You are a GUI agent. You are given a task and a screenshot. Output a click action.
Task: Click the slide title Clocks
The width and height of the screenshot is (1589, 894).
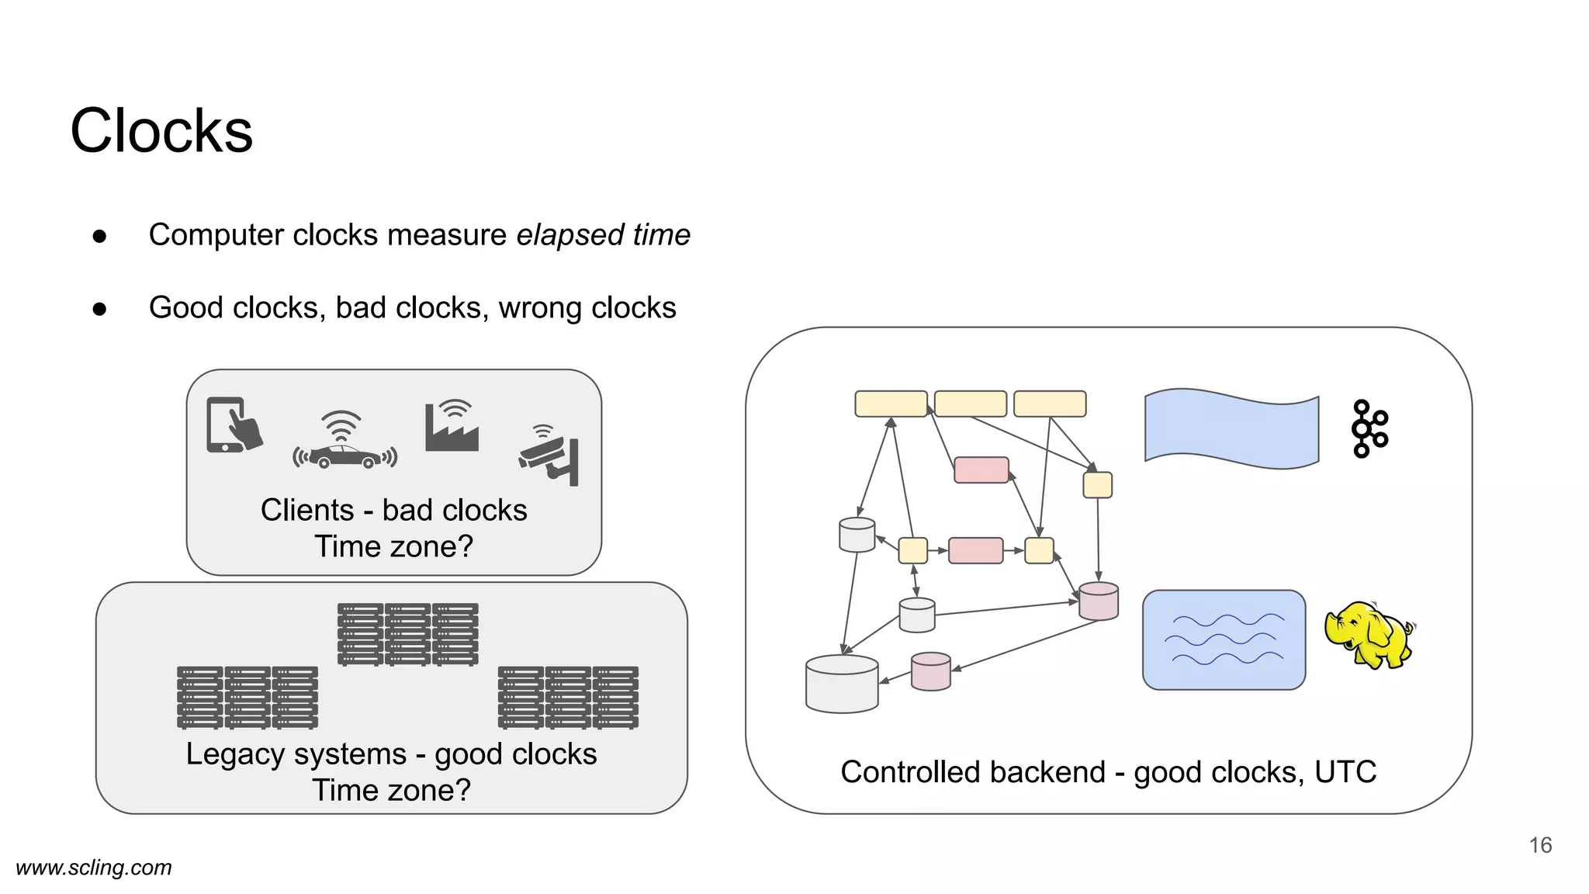point(161,130)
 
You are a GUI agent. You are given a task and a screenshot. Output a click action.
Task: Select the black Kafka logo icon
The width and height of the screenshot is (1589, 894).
point(1369,428)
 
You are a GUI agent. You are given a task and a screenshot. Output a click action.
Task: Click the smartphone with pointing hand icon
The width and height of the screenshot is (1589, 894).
point(234,424)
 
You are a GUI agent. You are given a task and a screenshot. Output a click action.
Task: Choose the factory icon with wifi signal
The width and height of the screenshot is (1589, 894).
point(452,427)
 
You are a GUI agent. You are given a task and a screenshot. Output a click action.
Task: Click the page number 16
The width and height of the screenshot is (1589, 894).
point(1540,845)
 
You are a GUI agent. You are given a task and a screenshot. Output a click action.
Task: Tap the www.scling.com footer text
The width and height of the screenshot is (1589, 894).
point(94,868)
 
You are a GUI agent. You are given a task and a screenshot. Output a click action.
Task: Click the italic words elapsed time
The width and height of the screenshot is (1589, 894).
point(603,235)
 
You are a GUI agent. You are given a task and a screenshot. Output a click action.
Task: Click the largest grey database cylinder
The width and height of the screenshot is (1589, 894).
point(842,684)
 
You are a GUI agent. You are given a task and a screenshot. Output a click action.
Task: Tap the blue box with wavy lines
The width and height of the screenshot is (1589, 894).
point(1224,640)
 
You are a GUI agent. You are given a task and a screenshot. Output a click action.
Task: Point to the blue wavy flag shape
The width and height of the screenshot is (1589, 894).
point(1231,429)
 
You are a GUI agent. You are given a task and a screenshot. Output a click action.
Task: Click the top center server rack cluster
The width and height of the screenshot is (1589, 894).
point(408,634)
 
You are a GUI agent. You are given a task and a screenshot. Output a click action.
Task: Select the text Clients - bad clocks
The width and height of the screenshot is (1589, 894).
point(393,511)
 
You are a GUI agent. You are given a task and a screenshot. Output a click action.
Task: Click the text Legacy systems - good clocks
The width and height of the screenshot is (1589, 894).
point(391,754)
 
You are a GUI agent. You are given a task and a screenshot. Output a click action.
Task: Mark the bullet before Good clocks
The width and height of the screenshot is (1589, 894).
point(99,309)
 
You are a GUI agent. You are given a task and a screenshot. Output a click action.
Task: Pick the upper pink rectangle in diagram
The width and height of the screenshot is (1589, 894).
point(981,470)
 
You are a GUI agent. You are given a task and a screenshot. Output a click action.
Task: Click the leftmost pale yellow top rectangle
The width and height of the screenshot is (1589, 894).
point(891,404)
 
